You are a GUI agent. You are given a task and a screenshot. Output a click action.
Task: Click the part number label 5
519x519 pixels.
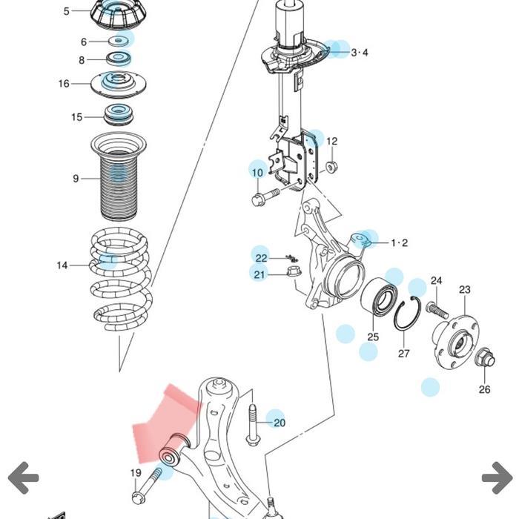pos(67,11)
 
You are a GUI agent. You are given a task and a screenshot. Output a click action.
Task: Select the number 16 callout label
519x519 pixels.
pos(64,84)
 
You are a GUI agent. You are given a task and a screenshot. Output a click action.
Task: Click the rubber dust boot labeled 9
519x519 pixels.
pos(119,178)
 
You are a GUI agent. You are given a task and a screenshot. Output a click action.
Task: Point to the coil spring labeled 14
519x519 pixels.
pos(122,282)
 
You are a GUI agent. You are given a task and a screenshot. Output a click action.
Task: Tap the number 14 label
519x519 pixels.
pos(62,265)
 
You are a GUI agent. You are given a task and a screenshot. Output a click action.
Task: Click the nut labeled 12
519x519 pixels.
pos(331,167)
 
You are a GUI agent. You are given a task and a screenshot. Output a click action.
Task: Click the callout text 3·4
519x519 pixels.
pos(360,53)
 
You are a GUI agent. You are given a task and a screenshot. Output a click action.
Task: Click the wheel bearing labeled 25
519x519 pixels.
pos(378,300)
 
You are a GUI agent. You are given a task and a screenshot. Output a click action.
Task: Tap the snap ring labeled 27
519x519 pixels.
pos(407,315)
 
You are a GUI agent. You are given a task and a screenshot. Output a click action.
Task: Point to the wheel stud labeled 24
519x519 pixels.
pos(436,307)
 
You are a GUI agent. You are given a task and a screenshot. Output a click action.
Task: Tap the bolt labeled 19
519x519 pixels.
pos(148,486)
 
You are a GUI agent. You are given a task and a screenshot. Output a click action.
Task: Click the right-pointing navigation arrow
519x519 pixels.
pos(496,478)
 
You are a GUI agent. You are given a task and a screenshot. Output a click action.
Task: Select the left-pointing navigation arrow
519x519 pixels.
pos(23,478)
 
